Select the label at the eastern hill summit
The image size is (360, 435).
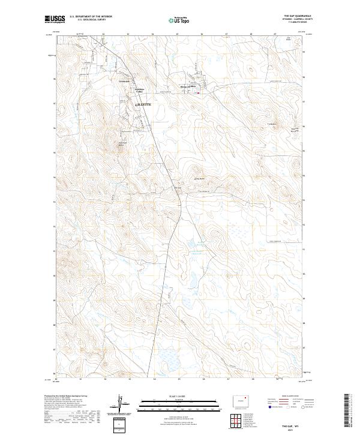coord(271,124)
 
